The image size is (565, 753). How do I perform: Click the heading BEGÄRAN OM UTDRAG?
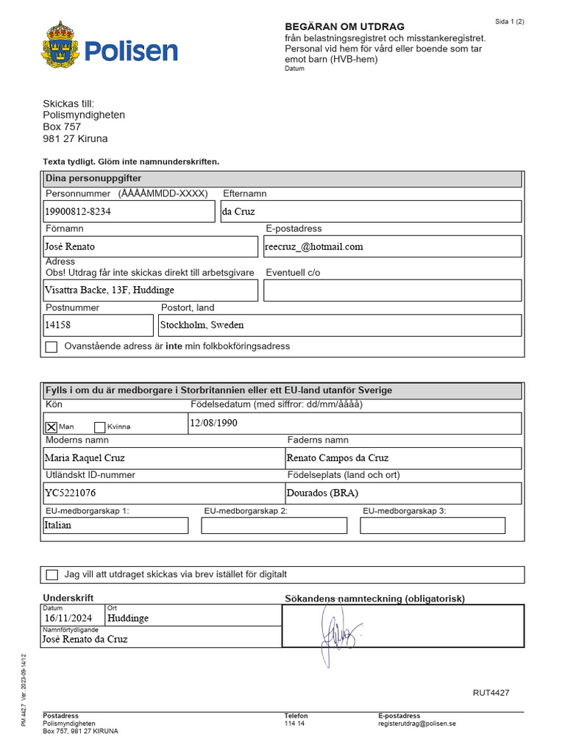(344, 26)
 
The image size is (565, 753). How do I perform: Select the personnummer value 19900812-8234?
(78, 211)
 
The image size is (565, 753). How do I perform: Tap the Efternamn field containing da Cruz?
(371, 211)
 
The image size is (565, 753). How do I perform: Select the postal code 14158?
(58, 324)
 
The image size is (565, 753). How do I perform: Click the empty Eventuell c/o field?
(392, 290)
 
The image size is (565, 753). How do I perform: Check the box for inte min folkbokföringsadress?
(51, 347)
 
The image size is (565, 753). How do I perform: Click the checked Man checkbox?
(51, 427)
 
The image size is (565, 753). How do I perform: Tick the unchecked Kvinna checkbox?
(100, 427)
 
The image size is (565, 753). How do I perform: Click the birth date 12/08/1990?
(213, 423)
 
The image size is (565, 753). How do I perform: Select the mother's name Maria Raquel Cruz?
(85, 457)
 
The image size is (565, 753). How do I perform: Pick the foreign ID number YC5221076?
(71, 493)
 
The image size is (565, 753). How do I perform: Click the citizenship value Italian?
(59, 525)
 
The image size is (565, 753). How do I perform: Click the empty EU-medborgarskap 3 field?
(433, 525)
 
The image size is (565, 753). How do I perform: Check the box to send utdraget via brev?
(51, 575)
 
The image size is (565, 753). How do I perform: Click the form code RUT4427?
(491, 693)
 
